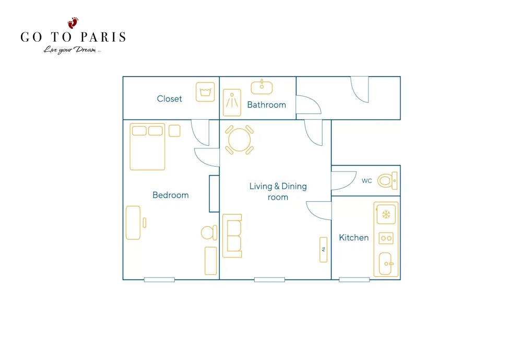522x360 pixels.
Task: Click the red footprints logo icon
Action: pos(73,23)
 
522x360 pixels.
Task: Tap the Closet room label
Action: pos(170,99)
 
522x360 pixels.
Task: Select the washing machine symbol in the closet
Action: pos(205,91)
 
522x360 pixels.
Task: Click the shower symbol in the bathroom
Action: pos(232,102)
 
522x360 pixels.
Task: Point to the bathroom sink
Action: pos(262,87)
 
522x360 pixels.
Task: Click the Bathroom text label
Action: pos(267,104)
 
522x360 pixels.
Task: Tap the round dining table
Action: pos(240,140)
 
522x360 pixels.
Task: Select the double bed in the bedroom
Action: pos(148,147)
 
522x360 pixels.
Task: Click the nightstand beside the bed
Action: pos(174,131)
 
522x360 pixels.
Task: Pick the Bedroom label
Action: pos(171,195)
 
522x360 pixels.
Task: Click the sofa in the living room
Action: pos(232,236)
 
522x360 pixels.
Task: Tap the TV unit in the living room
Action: pos(323,250)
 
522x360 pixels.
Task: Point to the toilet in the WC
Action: pos(387,181)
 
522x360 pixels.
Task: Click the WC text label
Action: pos(366,181)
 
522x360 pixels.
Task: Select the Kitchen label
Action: pos(354,238)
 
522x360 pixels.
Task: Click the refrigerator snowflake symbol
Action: pos(386,214)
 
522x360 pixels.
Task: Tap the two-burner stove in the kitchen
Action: pos(386,238)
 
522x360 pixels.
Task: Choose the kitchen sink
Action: pos(386,263)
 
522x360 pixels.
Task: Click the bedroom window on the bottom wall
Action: pos(159,280)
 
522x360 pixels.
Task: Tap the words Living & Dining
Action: pos(278,186)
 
